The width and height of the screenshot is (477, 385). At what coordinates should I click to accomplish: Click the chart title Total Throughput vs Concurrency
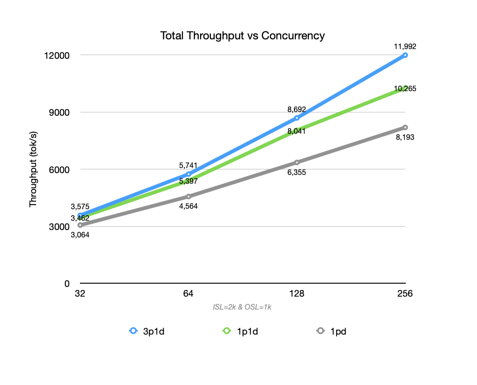tap(242, 36)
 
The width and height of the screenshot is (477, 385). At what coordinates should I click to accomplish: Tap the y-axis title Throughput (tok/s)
tap(33, 170)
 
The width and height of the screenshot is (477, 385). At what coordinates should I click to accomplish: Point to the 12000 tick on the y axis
tap(60, 56)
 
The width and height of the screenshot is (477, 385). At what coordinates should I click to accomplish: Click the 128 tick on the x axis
tap(296, 294)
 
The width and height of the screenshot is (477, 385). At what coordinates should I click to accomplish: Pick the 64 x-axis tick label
tap(188, 294)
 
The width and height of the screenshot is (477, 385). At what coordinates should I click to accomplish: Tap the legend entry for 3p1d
tap(147, 331)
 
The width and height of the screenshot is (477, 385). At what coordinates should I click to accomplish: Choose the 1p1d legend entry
tap(240, 331)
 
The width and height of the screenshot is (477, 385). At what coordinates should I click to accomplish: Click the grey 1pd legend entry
tap(331, 331)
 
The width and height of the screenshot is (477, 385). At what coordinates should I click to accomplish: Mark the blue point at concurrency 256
tap(405, 55)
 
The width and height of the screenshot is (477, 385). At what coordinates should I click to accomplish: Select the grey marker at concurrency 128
tap(296, 162)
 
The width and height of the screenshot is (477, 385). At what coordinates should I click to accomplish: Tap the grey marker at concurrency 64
tap(188, 196)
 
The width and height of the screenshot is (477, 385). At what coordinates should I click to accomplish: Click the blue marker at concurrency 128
tap(296, 118)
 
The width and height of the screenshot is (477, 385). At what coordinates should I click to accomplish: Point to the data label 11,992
tap(405, 46)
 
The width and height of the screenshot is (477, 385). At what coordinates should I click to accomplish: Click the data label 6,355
tap(296, 173)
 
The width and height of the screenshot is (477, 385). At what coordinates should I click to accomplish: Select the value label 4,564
tap(188, 206)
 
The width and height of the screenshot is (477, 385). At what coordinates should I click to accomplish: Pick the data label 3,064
tap(80, 235)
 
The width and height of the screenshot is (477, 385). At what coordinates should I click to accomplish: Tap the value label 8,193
tap(405, 137)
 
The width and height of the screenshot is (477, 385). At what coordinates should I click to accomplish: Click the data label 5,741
tap(188, 165)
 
